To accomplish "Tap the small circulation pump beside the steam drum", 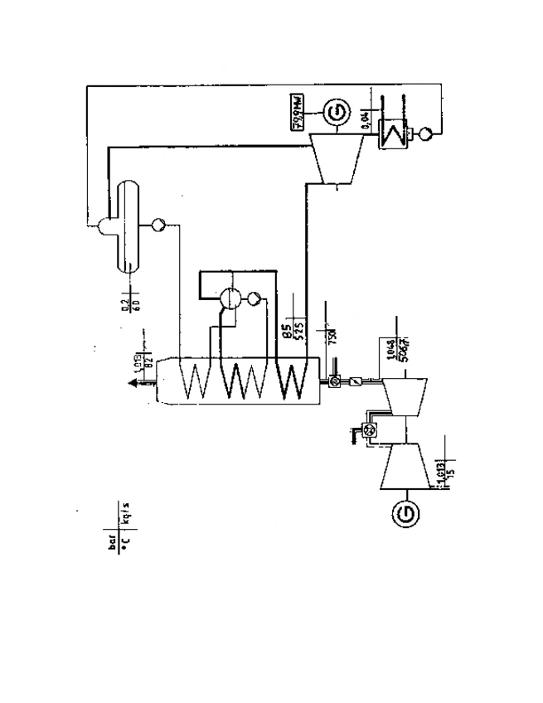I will pos(254,298).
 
